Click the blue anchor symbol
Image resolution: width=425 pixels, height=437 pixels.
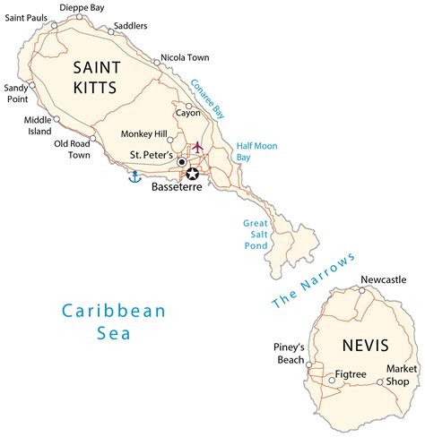[x=135, y=176]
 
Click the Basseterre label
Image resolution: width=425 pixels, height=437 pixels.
[x=178, y=190]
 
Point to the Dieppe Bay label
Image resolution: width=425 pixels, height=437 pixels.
[x=82, y=7]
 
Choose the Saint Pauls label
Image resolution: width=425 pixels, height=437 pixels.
[x=27, y=17]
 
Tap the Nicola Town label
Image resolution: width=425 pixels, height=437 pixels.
[x=185, y=58]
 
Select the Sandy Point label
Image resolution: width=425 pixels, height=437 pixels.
[x=16, y=93]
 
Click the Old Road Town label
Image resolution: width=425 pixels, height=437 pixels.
[x=73, y=149]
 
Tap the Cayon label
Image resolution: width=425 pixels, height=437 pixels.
[x=188, y=114]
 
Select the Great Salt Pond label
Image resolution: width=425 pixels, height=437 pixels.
[x=256, y=236]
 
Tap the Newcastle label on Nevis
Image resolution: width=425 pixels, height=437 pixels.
[x=383, y=279]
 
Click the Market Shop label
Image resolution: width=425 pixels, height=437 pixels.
[x=402, y=374]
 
